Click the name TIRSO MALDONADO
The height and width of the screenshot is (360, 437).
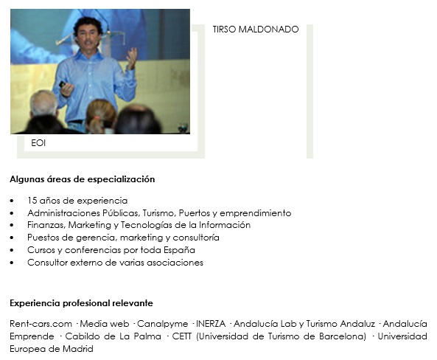[256, 30]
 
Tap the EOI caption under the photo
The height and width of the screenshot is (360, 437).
[38, 143]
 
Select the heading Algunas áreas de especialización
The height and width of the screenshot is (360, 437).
[83, 179]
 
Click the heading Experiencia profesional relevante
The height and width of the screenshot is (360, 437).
[81, 303]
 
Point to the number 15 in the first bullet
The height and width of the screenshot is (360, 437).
[32, 201]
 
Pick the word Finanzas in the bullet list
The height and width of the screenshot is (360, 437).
[46, 225]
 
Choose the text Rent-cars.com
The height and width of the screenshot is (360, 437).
[41, 324]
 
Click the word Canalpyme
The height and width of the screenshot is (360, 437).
[162, 324]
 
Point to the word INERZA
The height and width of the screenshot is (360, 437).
[211, 324]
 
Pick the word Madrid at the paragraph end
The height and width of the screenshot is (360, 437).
[78, 349]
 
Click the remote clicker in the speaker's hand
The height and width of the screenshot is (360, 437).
[62, 83]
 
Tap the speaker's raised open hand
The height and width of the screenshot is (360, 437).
[131, 58]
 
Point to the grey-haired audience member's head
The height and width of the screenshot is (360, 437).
[43, 103]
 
